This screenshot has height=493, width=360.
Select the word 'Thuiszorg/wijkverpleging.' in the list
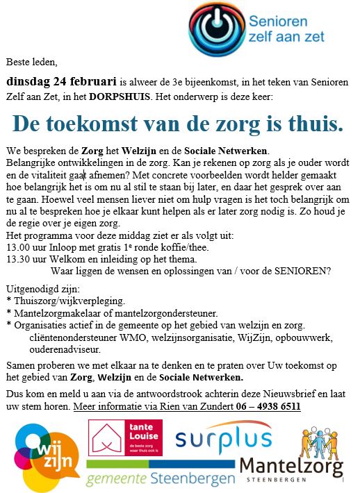pos(69,301)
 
